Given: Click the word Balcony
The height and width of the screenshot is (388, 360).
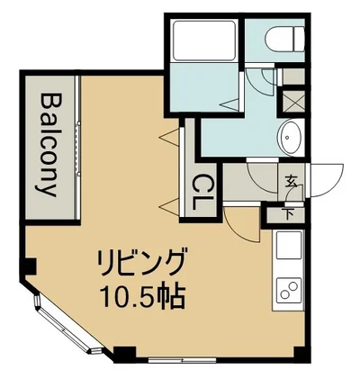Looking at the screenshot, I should coord(49,146).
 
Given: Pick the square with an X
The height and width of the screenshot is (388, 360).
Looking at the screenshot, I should coord(292,100).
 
